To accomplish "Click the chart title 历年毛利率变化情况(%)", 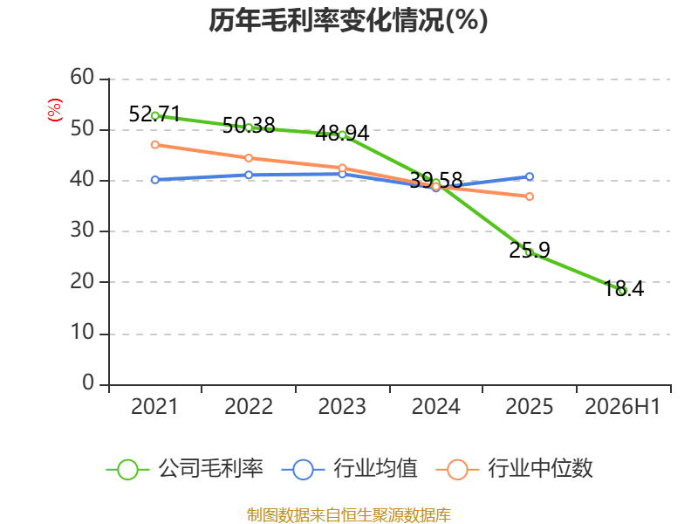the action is click(x=348, y=20).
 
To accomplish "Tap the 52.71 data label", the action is click(x=154, y=114).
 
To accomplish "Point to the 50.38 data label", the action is click(x=249, y=125).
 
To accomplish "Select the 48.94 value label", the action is click(x=342, y=134).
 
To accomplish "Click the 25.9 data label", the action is click(x=530, y=250).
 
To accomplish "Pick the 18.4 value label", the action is click(x=624, y=288).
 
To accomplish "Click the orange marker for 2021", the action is click(x=155, y=145).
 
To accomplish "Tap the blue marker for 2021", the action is click(x=155, y=180).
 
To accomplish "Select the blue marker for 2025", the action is click(x=530, y=176).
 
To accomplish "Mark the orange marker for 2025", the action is click(x=530, y=196).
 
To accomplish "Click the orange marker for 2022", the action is click(x=249, y=158).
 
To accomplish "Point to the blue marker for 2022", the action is click(x=249, y=175).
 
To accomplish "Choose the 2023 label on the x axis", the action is click(x=342, y=406).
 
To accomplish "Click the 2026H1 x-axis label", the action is click(x=622, y=406).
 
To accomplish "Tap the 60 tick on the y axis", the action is click(x=82, y=77).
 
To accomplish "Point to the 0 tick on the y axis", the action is click(x=88, y=383).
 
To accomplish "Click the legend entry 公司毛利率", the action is click(x=185, y=469).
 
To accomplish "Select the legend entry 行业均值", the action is click(x=350, y=469).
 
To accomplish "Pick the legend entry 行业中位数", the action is click(x=515, y=469).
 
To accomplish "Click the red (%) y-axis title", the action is click(x=55, y=110).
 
